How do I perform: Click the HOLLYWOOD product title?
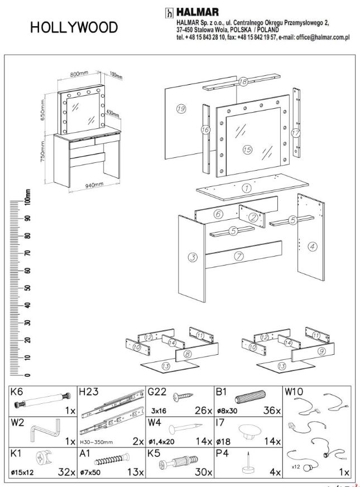(x=74, y=27)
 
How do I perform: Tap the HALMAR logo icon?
(x=169, y=12)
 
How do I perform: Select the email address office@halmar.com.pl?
(x=323, y=37)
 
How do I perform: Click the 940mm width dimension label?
(x=94, y=185)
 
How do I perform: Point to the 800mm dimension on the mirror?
(x=79, y=74)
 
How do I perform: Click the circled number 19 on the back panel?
(x=181, y=109)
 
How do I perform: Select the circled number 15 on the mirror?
(x=247, y=150)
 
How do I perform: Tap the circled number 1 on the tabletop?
(x=247, y=188)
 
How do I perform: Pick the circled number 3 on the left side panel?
(x=193, y=257)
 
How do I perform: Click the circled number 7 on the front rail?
(x=239, y=256)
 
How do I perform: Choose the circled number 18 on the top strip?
(x=243, y=81)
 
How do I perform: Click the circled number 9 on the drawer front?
(x=321, y=351)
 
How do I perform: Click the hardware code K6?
(x=17, y=392)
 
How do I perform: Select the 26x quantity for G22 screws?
(x=203, y=410)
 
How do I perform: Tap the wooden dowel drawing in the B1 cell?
(x=250, y=396)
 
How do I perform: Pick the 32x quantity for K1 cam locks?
(x=66, y=472)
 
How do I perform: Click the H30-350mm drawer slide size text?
(x=97, y=442)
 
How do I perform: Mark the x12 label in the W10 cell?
(x=296, y=466)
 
